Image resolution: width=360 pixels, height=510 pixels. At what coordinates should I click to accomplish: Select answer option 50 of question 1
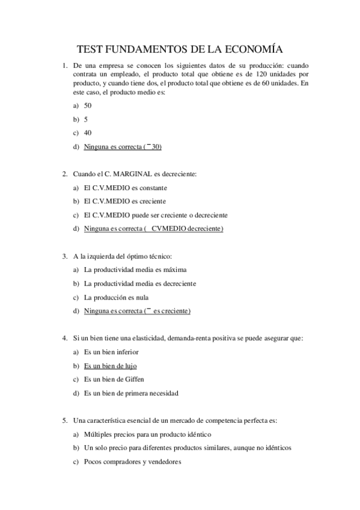88,105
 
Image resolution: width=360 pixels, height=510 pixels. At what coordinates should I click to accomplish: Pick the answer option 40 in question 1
88,133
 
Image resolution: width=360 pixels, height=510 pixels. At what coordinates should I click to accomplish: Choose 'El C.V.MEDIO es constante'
125,188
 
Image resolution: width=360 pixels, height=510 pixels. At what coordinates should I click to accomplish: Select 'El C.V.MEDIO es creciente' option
124,201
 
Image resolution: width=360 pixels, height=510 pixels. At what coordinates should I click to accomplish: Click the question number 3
65,256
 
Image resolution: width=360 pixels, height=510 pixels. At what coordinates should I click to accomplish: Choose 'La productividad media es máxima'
135,269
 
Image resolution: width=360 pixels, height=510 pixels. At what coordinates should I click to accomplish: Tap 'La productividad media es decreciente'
139,283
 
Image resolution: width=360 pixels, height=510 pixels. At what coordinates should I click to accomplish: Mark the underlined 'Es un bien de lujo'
111,366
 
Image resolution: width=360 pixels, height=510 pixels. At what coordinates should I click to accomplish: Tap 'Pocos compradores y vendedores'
132,462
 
